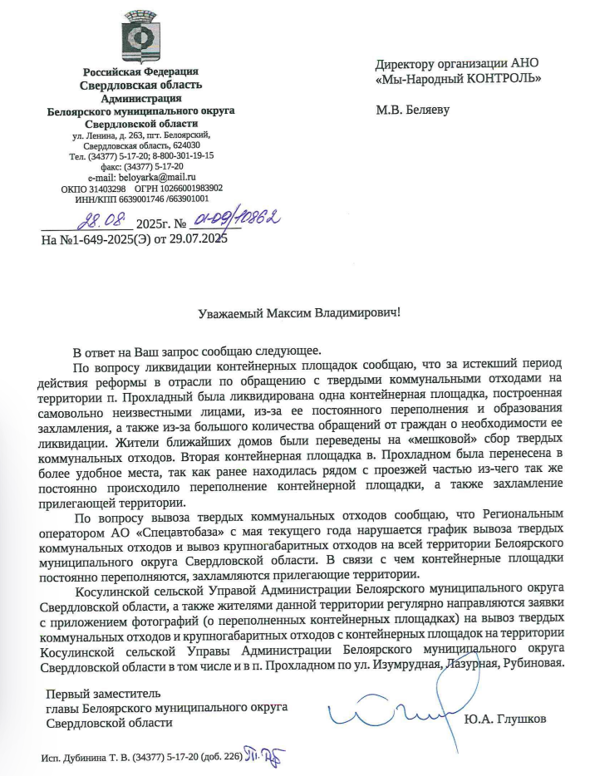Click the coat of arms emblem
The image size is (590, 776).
140,37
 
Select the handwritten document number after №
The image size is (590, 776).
237,219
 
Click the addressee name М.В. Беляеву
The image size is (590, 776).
412,109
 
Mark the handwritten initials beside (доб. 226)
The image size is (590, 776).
266,754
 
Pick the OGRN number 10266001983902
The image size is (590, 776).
188,188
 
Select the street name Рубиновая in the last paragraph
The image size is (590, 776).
534,663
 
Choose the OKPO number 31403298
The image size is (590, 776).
106,188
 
